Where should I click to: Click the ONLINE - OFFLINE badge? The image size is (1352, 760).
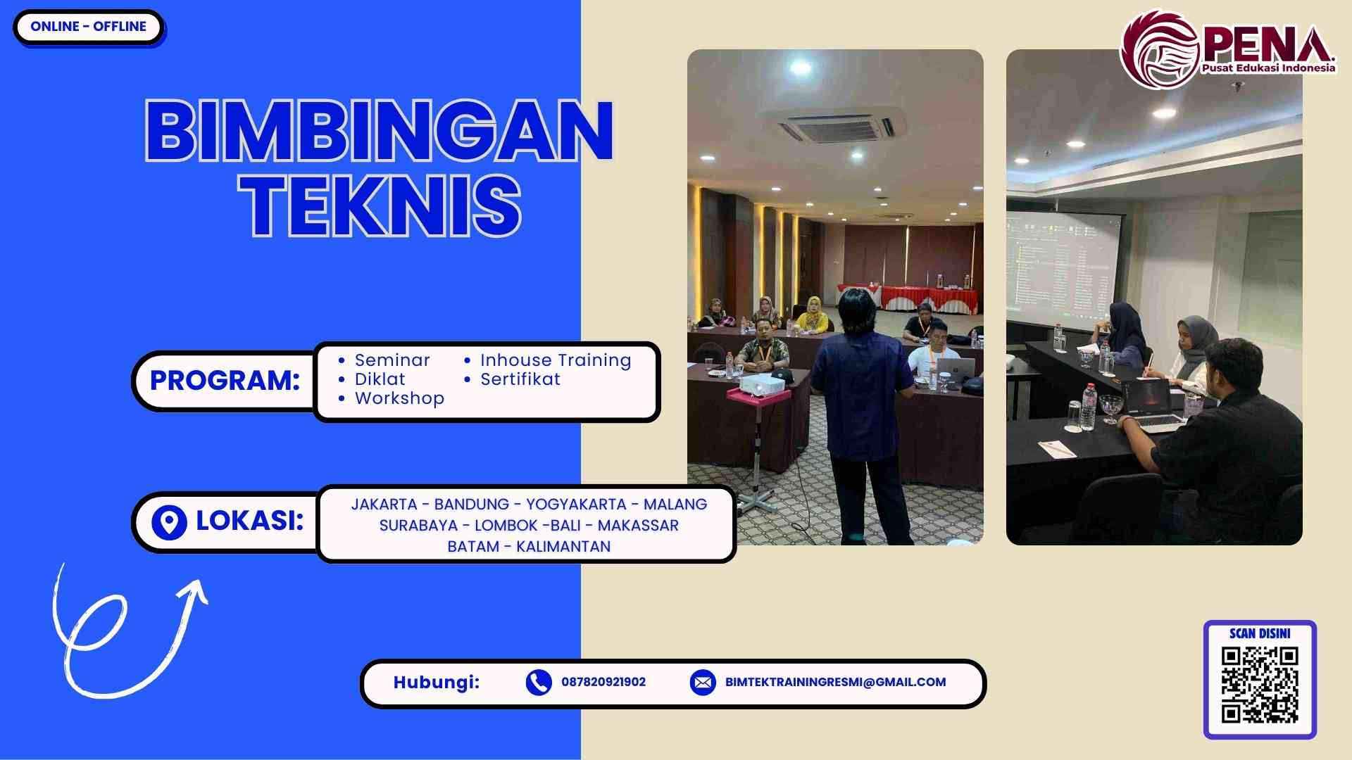click(88, 27)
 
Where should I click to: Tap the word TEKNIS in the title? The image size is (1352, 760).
click(380, 205)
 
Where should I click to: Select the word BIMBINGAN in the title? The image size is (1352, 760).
click(380, 130)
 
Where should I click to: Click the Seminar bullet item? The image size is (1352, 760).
click(392, 360)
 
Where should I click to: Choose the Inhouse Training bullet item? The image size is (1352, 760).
click(555, 360)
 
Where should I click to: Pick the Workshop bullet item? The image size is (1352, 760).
click(399, 398)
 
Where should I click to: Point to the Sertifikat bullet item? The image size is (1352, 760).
click(520, 379)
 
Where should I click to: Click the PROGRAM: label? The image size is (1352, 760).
click(225, 381)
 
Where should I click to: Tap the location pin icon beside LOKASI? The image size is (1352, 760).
click(169, 522)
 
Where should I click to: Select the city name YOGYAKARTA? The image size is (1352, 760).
click(576, 505)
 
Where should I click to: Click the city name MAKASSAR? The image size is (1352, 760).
click(638, 526)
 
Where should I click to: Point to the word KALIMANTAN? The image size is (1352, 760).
click(563, 547)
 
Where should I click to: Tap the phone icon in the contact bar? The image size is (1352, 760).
click(539, 682)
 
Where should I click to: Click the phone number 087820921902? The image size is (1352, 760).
click(603, 682)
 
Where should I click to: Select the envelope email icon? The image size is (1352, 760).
click(703, 682)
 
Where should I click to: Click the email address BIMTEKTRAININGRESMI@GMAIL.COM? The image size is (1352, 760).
click(835, 682)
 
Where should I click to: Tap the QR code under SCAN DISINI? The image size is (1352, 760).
click(1260, 685)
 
